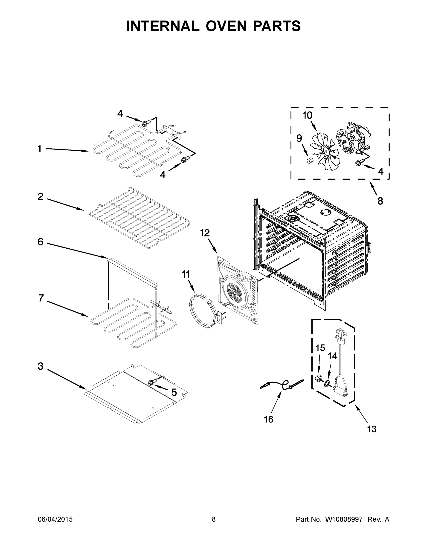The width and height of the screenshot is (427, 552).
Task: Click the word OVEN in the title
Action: pos(226,26)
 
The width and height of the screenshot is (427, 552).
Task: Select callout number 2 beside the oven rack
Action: pos(41,196)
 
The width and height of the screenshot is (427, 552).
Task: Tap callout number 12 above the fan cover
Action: pos(205,233)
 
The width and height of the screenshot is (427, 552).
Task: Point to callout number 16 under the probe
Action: pos(268,419)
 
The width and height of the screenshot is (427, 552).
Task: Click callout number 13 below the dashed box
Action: pos(372,429)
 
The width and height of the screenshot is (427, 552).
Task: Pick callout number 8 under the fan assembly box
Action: pos(380,201)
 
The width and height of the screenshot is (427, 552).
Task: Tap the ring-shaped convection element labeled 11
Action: pos(202,311)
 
